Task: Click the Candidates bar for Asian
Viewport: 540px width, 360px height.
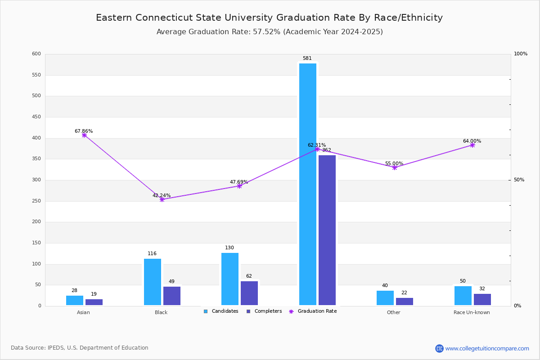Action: [x=75, y=300]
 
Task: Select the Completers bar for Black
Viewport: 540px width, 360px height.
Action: [x=171, y=296]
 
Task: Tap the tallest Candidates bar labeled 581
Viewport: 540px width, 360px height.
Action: [x=308, y=184]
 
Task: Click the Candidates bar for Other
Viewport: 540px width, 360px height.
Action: [x=385, y=298]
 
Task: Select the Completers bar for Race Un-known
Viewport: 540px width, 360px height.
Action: [x=482, y=299]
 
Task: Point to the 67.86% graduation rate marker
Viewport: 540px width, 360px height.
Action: [x=84, y=135]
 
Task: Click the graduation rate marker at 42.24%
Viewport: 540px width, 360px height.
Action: [x=162, y=199]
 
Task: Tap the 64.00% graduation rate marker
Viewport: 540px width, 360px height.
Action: [x=472, y=145]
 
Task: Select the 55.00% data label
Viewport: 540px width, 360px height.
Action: [x=394, y=164]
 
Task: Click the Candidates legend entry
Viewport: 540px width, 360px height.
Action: [x=221, y=311]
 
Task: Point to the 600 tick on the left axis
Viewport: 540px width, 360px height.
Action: [x=36, y=54]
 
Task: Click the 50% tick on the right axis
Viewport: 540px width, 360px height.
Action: [x=519, y=180]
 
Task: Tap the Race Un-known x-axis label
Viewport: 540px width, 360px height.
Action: [x=472, y=312]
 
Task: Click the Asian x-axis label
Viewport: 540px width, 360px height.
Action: [x=83, y=312]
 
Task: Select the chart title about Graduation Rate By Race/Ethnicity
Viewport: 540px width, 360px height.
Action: [x=269, y=18]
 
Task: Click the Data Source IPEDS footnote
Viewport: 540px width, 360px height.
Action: [x=80, y=348]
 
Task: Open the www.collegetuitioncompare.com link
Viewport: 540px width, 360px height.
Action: [x=487, y=348]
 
